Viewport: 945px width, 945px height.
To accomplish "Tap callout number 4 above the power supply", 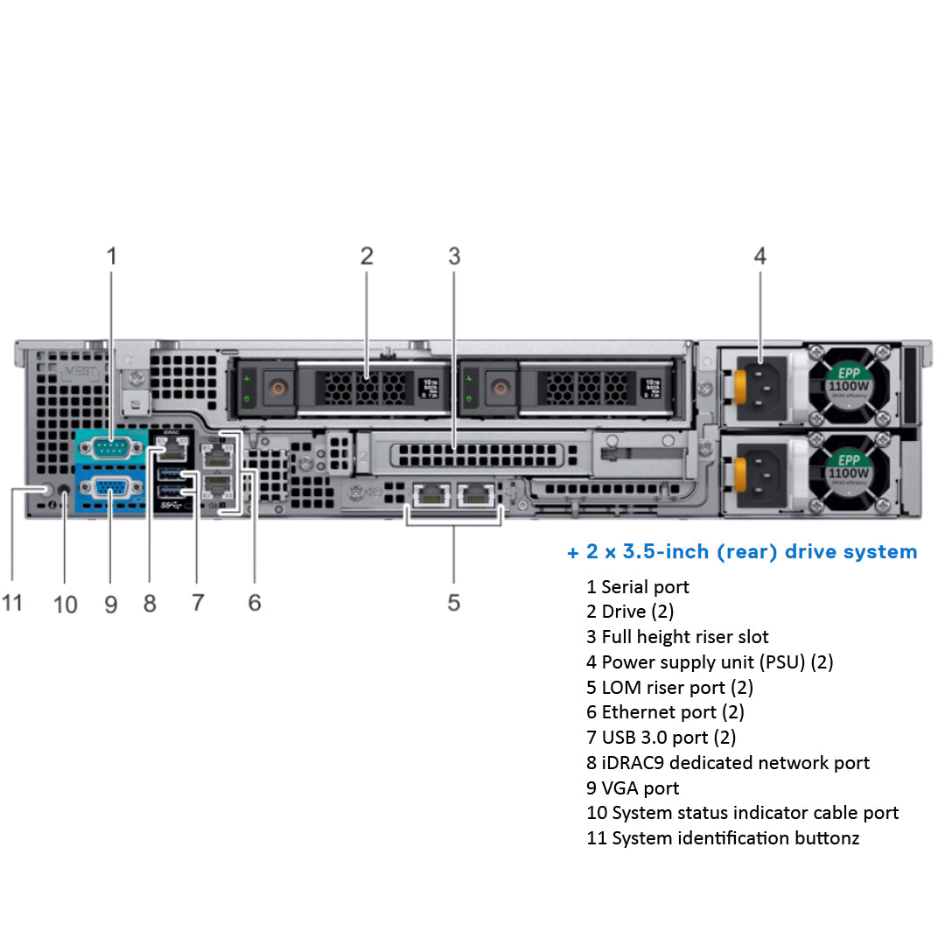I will (759, 256).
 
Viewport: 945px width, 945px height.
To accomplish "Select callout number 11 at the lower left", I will (12, 603).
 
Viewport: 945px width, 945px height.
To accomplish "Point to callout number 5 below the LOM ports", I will (453, 602).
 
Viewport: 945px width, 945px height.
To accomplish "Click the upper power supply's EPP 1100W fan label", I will (848, 381).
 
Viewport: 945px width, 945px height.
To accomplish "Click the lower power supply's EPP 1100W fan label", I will (848, 473).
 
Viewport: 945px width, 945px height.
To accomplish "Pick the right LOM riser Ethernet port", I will (476, 496).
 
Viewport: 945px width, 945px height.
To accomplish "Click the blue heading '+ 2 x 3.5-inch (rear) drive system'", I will (742, 552).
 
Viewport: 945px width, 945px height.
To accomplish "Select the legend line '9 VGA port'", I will (633, 788).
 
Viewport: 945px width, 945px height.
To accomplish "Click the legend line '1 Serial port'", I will (638, 587).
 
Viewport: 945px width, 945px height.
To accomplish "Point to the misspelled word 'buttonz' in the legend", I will (825, 838).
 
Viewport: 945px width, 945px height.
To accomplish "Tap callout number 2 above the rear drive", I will (367, 256).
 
